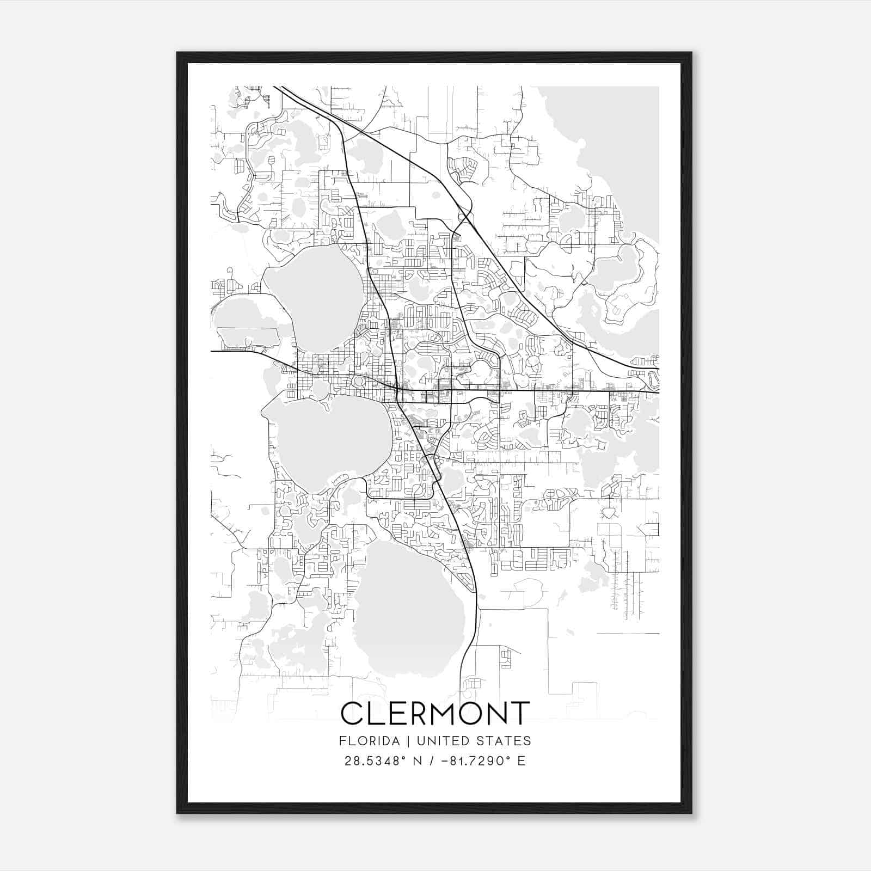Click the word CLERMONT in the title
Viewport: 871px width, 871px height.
[x=435, y=713]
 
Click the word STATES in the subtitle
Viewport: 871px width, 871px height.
[x=506, y=741]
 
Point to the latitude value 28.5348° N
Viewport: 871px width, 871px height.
[x=381, y=761]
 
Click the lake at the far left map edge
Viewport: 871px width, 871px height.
[x=245, y=321]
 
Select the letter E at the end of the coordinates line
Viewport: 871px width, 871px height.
[x=522, y=761]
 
